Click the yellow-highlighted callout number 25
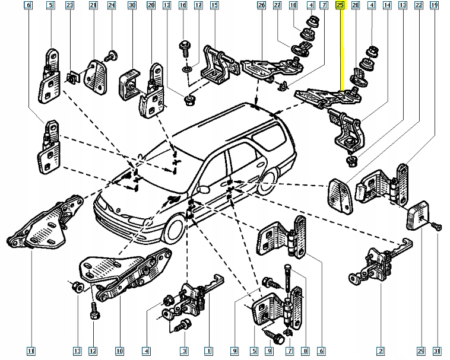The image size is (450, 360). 340,5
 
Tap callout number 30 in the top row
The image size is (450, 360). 132,5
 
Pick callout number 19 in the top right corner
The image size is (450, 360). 435,5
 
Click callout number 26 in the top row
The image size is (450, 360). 261,5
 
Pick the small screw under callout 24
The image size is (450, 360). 109,57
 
